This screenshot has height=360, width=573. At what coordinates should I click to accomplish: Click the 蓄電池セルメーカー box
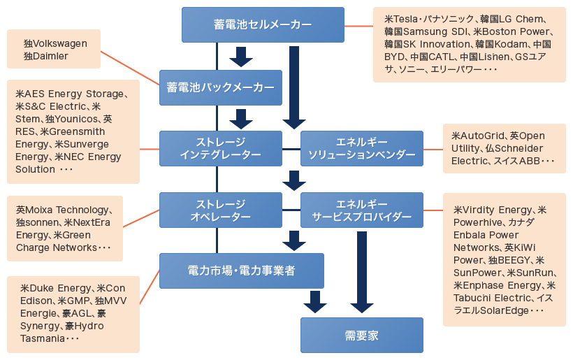coord(263,24)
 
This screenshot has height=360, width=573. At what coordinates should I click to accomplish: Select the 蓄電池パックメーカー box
coord(220,87)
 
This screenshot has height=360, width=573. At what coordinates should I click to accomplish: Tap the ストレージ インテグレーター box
coord(220,148)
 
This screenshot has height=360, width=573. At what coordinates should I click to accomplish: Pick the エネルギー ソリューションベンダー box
coord(361,148)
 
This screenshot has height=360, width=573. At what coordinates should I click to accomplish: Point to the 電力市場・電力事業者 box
coord(241,271)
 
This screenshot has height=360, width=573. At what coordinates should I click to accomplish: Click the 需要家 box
coord(361,335)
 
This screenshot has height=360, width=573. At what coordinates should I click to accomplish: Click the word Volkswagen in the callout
coord(61,43)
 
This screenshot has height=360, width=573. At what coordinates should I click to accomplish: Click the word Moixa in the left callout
coord(41,210)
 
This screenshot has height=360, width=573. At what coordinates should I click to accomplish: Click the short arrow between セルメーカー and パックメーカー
coord(241,56)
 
